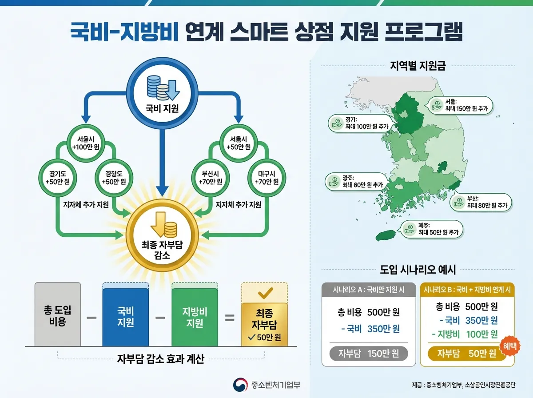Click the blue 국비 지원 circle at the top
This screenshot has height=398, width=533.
pyautogui.click(x=162, y=94)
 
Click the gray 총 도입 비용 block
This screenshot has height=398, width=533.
pyautogui.click(x=58, y=315)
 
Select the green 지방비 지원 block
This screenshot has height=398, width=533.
pyautogui.click(x=195, y=317)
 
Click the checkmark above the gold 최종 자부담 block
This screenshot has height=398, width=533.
pyautogui.click(x=265, y=293)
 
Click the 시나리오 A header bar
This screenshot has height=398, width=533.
pyautogui.click(x=369, y=290)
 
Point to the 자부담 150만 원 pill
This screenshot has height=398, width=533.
pyautogui.click(x=369, y=354)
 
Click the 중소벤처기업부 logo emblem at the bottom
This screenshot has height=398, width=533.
pyautogui.click(x=240, y=385)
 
